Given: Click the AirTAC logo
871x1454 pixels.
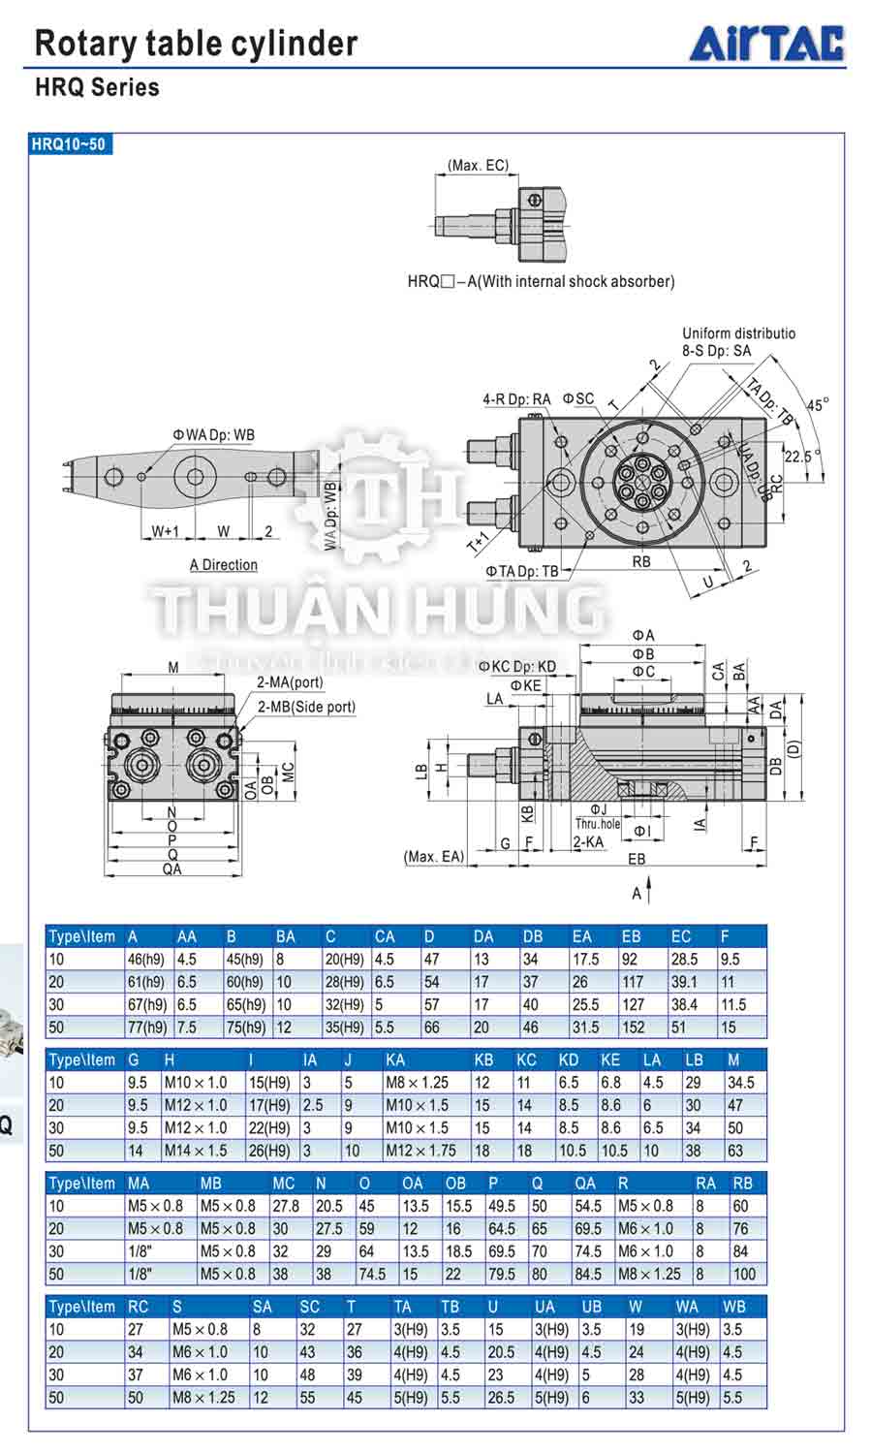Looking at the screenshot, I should (766, 44).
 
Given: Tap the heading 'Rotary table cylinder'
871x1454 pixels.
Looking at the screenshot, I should (196, 44).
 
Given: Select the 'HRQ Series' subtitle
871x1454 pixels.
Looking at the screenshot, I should (97, 87).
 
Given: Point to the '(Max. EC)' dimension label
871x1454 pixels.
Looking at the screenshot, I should (478, 166).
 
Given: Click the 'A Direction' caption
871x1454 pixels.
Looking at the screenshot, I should (224, 564).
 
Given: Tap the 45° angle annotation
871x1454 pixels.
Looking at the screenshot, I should (818, 405).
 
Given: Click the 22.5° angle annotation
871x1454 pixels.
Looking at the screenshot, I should (801, 456).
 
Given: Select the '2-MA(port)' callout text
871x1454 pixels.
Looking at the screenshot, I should (291, 682).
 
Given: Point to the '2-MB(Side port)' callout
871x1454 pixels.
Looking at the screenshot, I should (306, 707).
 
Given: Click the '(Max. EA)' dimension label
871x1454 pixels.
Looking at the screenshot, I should (434, 856).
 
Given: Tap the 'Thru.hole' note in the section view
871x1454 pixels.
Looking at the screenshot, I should (598, 824).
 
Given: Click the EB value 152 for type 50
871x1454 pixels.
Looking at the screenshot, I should (634, 1027).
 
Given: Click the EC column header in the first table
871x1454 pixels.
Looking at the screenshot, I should (681, 936).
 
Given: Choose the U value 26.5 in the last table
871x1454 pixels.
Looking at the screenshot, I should (501, 1398).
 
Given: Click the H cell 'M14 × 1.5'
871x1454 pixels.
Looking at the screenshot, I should (196, 1151).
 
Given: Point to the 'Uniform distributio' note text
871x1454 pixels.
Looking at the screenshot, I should (738, 333).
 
